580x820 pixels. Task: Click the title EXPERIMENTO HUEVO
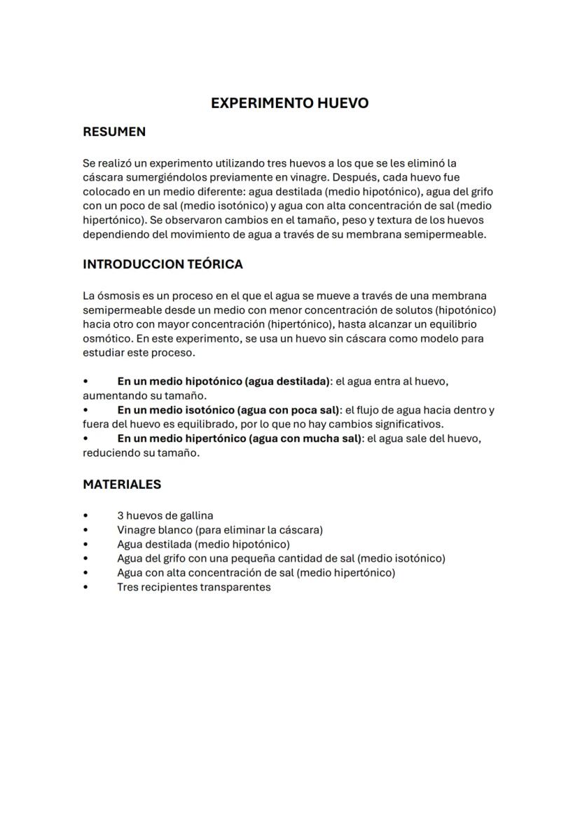coord(289,103)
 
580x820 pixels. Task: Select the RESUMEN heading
coord(114,132)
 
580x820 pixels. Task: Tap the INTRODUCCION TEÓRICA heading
coord(163,264)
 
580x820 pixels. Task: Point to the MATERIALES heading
coord(122,484)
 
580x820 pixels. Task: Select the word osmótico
coord(105,338)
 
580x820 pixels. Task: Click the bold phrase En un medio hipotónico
coord(179,382)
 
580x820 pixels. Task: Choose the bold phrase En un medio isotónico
coord(176,410)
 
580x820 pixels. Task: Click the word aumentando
coord(112,396)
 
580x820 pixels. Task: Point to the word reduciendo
coord(109,452)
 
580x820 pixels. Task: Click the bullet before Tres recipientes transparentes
coord(85,588)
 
